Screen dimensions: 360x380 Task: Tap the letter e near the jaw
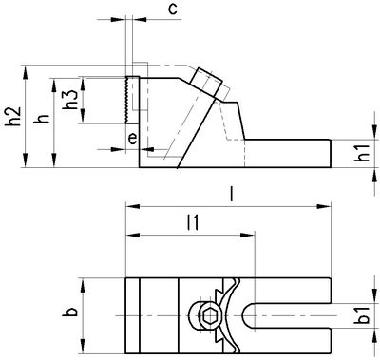pos(132,140)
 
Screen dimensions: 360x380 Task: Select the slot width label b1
pos(364,315)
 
